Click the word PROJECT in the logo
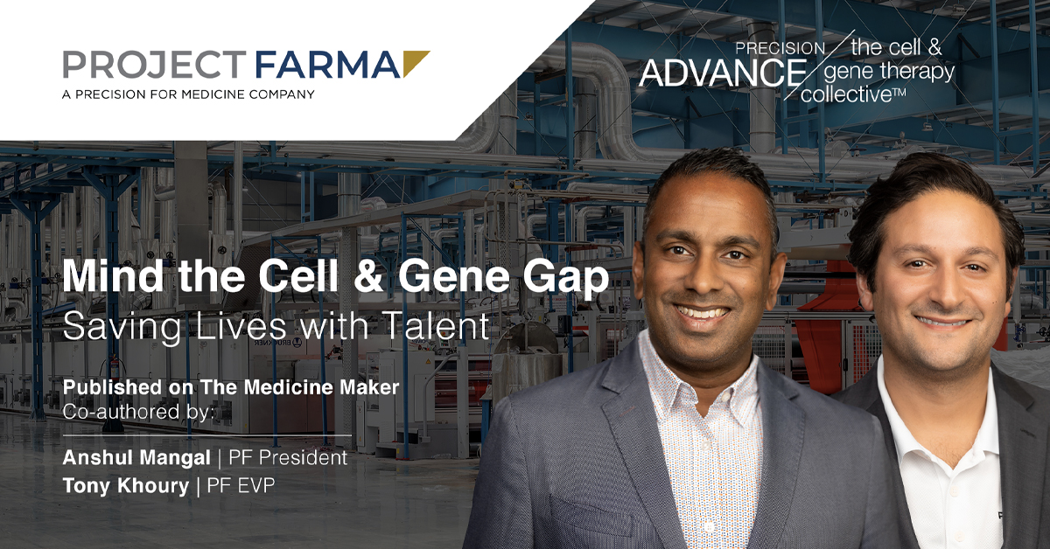(155, 64)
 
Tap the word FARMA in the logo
(327, 64)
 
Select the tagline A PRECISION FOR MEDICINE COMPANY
(188, 94)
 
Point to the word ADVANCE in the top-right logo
(723, 73)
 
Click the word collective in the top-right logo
(847, 94)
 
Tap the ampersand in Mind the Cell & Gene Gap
(368, 276)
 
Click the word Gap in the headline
(566, 280)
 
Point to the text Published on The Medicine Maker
(231, 387)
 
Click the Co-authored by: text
(139, 412)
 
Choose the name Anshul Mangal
(136, 458)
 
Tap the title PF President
(288, 458)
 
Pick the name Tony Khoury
(126, 486)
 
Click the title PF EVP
(241, 486)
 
